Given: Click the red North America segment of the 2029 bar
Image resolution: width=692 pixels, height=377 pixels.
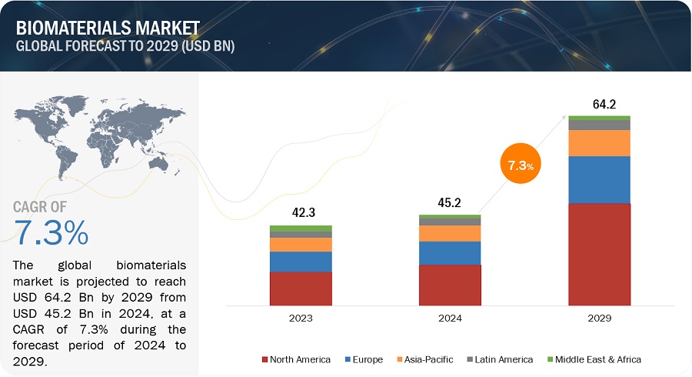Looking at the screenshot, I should [x=599, y=254].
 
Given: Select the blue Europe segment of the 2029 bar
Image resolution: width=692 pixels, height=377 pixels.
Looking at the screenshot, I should [x=599, y=179].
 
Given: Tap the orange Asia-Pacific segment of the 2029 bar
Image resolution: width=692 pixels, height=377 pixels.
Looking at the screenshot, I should [x=599, y=143].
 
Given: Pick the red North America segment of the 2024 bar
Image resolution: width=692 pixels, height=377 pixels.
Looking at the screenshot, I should [x=450, y=284].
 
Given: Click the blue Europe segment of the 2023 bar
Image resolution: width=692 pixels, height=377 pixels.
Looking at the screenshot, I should [x=301, y=262].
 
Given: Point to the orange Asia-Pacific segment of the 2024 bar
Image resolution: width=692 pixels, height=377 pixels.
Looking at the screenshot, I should [x=450, y=233].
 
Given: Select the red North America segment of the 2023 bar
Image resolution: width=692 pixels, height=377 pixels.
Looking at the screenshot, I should [x=301, y=288].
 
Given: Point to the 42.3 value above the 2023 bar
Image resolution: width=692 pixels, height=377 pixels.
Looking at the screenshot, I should [x=301, y=213].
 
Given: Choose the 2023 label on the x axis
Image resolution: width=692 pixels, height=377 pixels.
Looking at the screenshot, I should [x=301, y=316].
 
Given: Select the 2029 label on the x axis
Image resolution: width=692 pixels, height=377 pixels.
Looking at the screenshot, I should [x=599, y=316].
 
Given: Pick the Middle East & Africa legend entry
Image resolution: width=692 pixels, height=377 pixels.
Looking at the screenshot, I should [x=597, y=359].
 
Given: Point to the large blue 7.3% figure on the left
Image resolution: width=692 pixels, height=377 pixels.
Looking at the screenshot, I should [x=51, y=232].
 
